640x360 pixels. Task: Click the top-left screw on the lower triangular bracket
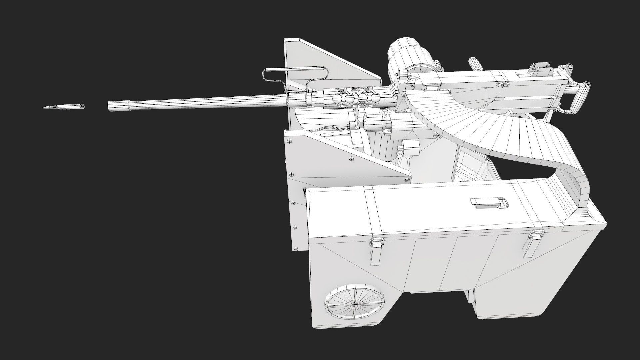[x=289, y=141]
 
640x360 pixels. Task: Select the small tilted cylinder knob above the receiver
[x=473, y=62]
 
